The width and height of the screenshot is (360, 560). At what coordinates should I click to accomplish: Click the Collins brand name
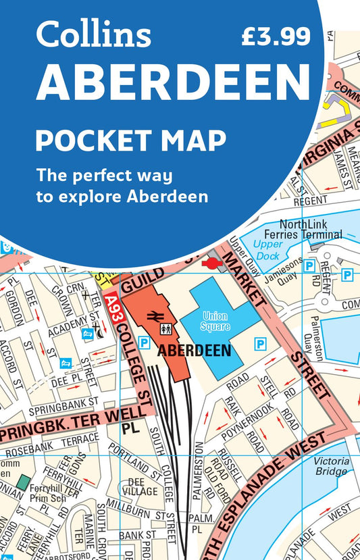pos(94,34)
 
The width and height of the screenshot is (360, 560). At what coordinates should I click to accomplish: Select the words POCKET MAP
pos(130,141)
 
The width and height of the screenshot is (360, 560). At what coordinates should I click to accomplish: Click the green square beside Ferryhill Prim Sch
pos(24,482)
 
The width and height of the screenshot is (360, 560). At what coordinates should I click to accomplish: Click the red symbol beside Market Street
pos(212,262)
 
